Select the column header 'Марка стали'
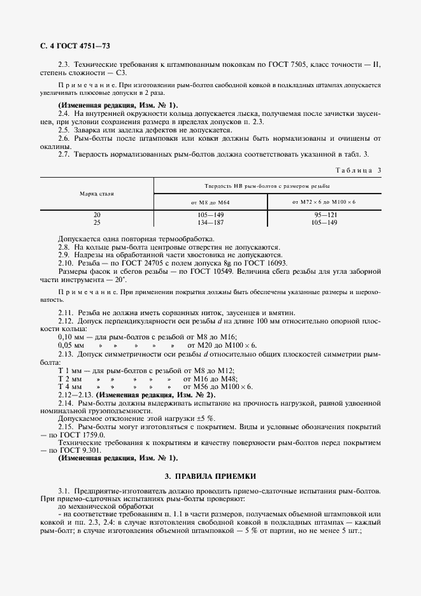(97, 193)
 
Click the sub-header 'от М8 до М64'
(210, 201)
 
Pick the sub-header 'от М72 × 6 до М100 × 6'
(324, 201)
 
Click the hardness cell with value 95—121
(324, 215)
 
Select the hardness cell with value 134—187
(210, 223)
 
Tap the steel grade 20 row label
(97, 215)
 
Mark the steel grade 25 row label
(97, 223)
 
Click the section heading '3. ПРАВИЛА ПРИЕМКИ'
(210, 475)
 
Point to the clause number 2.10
(66, 262)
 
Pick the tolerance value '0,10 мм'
(70, 336)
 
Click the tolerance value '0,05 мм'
(70, 344)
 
